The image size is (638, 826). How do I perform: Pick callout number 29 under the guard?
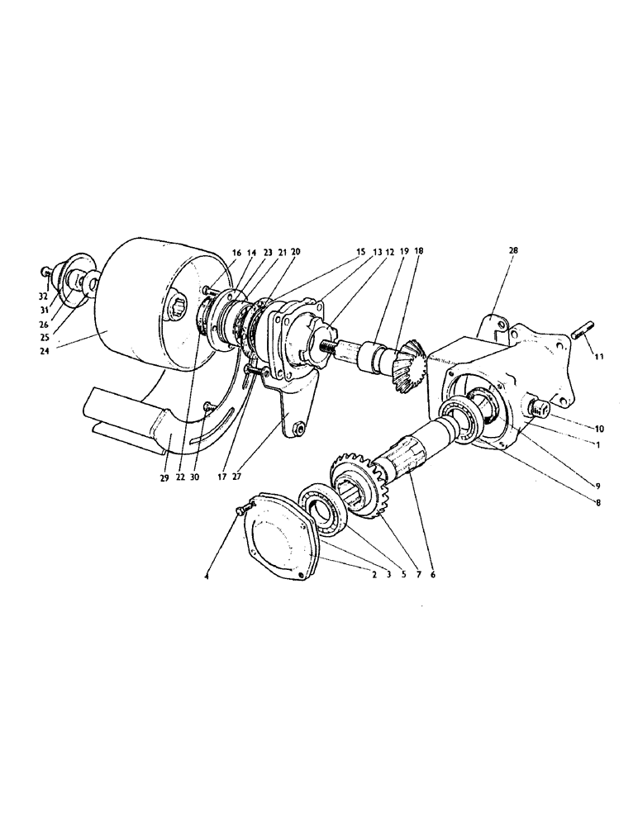coord(164,478)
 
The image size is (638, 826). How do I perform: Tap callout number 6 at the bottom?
coord(431,572)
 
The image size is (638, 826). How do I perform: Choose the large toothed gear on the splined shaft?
coord(357,487)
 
